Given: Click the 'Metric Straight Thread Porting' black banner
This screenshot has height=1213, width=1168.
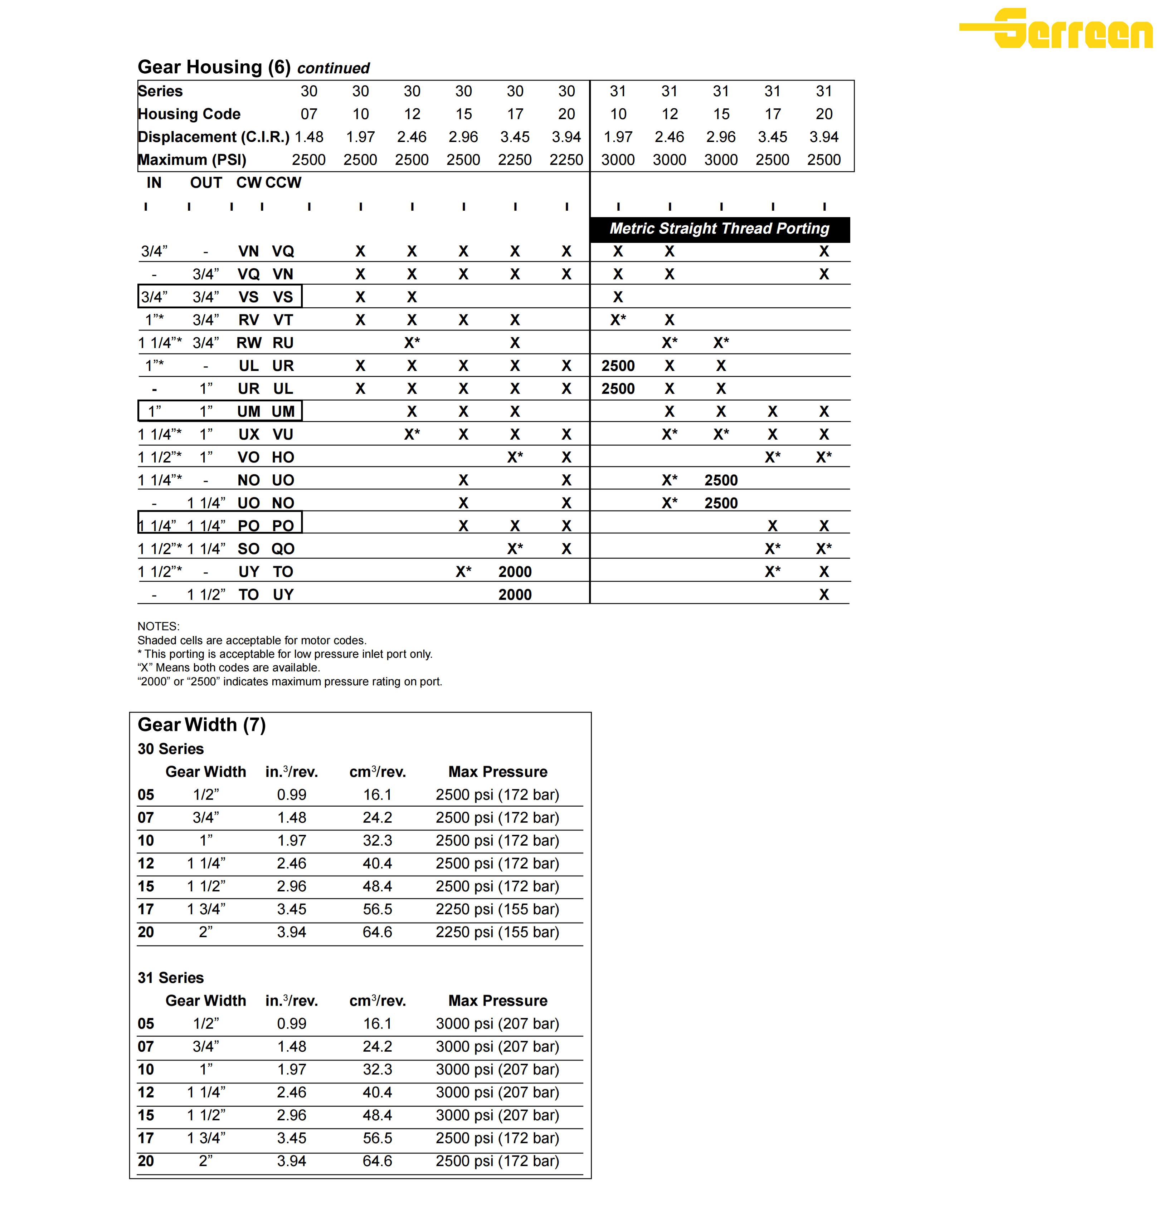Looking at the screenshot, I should pos(719,229).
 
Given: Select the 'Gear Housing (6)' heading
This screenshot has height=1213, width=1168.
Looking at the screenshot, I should pos(214,67).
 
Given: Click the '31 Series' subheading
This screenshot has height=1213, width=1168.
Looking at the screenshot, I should pos(170,978).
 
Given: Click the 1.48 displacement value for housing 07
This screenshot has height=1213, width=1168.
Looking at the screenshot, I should pos(309,137).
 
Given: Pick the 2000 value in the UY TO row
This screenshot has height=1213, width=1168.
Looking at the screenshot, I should pos(515,572).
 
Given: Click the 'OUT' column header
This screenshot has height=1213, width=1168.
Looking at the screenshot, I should pos(205,182).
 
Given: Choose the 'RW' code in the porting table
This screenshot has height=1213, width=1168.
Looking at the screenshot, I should pos(249,343).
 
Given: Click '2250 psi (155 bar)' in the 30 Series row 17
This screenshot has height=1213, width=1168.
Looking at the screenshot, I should pos(497,909).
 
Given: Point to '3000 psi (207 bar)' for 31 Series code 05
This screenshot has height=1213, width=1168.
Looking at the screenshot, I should pos(497,1024).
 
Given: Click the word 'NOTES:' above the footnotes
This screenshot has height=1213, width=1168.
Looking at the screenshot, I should pos(159,626).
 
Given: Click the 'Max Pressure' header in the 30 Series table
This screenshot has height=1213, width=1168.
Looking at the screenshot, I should pos(498,772).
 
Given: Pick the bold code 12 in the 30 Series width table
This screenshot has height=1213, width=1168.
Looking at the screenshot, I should pos(146,863).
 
